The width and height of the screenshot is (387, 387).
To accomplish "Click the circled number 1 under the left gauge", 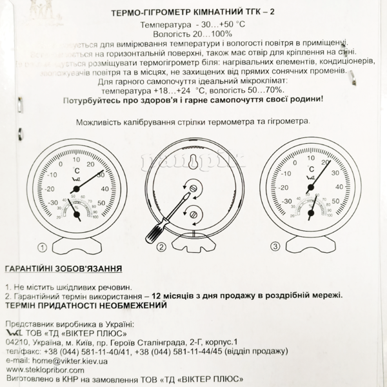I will [42, 246].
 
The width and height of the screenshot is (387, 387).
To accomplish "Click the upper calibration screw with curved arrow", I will [194, 187].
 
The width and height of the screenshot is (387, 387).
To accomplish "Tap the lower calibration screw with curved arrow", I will [194, 213].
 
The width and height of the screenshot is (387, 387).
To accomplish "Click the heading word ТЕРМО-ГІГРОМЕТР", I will [152, 12].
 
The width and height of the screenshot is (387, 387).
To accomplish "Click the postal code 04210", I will [15, 341].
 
